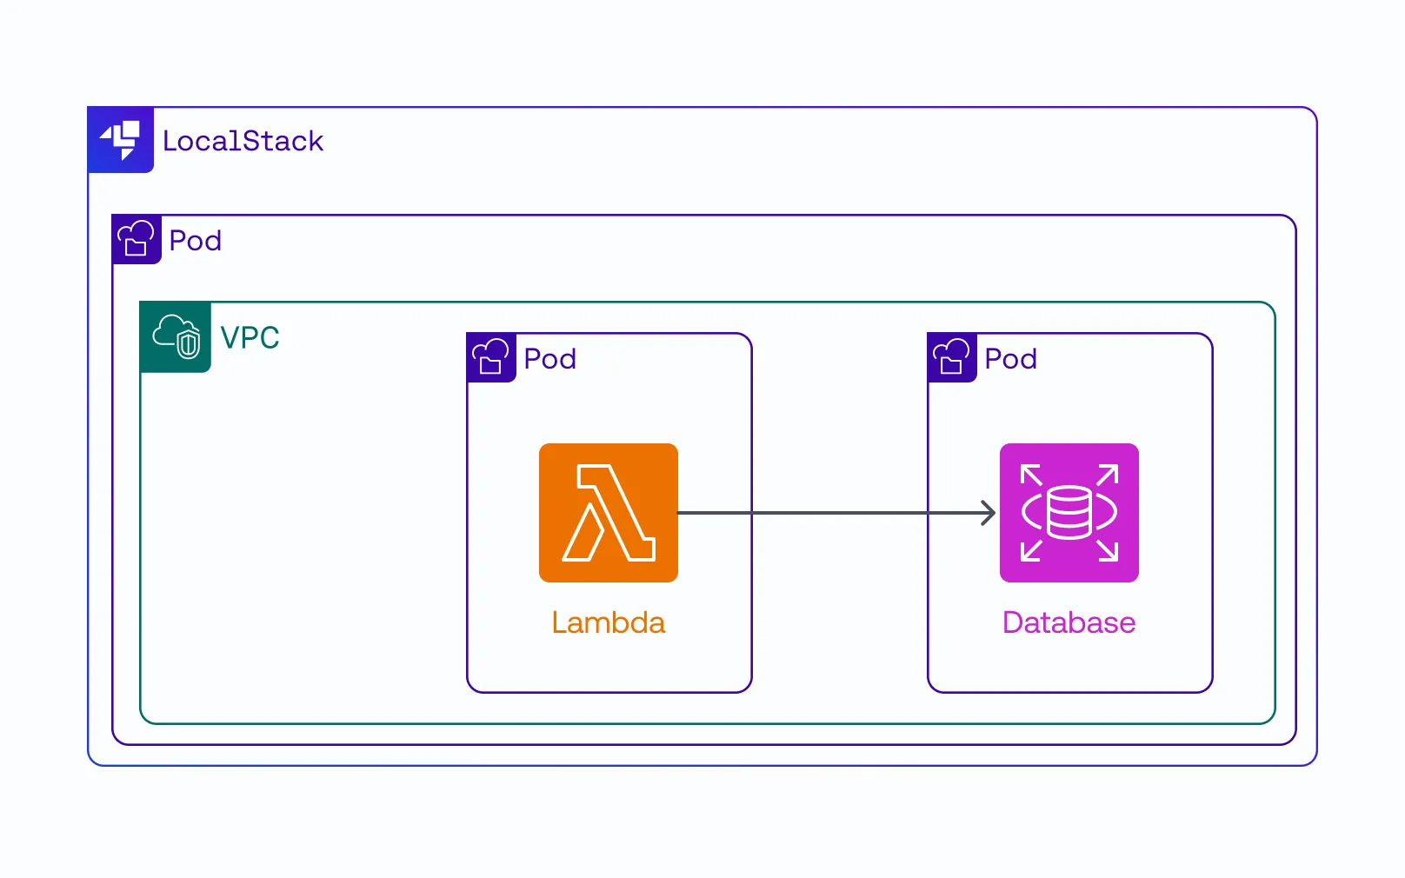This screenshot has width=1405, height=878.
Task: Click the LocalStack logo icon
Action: (x=121, y=140)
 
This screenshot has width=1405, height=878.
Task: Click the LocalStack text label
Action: (x=243, y=141)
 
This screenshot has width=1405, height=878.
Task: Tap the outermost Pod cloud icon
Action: (x=137, y=239)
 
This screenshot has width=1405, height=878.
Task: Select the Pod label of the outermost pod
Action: (x=196, y=240)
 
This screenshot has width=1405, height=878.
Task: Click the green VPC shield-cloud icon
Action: (x=176, y=337)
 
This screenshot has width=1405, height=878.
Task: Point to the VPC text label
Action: (x=250, y=337)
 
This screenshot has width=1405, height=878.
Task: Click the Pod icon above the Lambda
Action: (x=491, y=357)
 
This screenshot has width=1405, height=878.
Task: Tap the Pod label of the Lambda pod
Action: (x=549, y=358)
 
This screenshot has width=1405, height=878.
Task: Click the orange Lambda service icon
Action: (x=609, y=513)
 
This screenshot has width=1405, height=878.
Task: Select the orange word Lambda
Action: (x=609, y=622)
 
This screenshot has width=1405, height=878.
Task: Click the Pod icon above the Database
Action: (x=952, y=357)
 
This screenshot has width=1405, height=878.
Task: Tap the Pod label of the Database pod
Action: (x=1010, y=358)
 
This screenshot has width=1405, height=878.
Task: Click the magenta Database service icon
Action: (x=1069, y=513)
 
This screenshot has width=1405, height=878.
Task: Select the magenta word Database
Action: (x=1069, y=622)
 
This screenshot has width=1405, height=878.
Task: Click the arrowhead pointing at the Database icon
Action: (x=989, y=513)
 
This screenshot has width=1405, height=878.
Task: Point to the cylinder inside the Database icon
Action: (x=1069, y=513)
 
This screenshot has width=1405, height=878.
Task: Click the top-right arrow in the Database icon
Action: (x=1108, y=475)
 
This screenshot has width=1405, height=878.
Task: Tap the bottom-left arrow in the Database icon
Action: (x=1031, y=550)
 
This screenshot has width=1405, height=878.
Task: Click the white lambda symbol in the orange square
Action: (x=609, y=513)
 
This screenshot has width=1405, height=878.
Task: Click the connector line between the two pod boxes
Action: (x=839, y=513)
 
